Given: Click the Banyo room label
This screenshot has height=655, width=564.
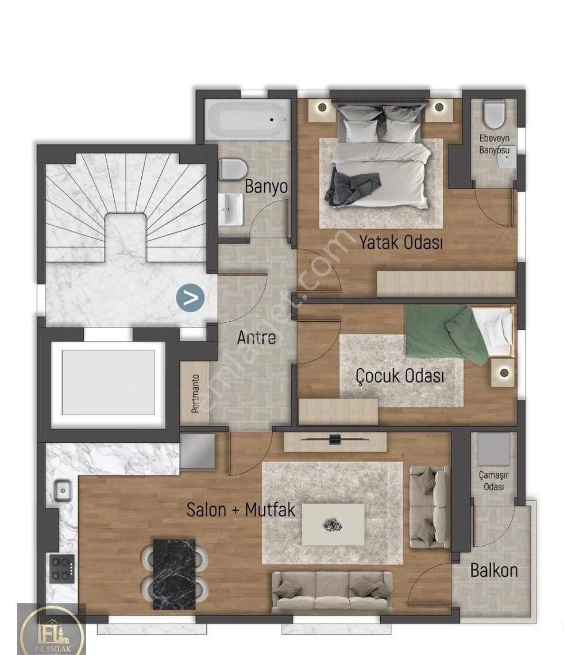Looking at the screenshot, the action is pyautogui.click(x=266, y=186).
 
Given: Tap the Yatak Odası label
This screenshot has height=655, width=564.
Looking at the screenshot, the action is pyautogui.click(x=401, y=242).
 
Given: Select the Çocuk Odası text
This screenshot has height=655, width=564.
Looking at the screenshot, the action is pyautogui.click(x=400, y=375).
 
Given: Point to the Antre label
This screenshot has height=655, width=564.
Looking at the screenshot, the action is pyautogui.click(x=256, y=337).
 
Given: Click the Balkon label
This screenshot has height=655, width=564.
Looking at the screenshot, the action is pyautogui.click(x=494, y=570).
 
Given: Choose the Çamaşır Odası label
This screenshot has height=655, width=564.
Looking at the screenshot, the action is pyautogui.click(x=494, y=481).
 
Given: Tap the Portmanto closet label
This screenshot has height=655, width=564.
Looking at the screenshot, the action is pyautogui.click(x=195, y=394).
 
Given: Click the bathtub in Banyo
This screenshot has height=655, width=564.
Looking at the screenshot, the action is pyautogui.click(x=249, y=119).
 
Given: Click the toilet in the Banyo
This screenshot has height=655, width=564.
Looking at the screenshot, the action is pyautogui.click(x=232, y=169).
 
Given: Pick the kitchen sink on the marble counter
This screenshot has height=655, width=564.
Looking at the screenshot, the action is pyautogui.click(x=63, y=491).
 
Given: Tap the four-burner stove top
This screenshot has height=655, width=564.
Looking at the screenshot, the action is pyautogui.click(x=62, y=569).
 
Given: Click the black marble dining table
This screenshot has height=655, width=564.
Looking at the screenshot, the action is pyautogui.click(x=175, y=574).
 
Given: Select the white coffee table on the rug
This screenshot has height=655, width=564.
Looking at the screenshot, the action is pyautogui.click(x=333, y=524).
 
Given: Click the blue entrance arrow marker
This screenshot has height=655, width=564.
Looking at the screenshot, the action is pyautogui.click(x=190, y=298).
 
